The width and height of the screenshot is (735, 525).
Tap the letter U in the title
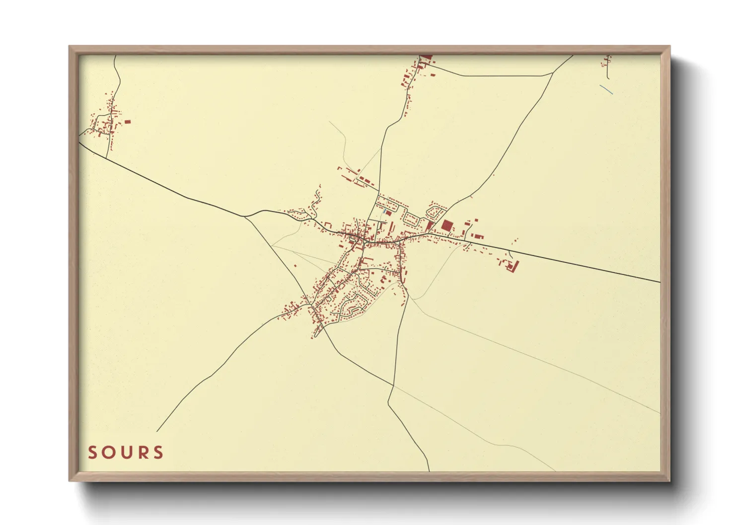[x=125, y=453]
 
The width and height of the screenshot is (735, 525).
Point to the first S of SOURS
[x=92, y=453]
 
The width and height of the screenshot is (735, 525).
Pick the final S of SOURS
[x=158, y=453]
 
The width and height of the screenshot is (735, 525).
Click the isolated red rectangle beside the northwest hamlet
[x=127, y=122]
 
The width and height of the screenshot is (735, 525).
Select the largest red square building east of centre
[x=446, y=225]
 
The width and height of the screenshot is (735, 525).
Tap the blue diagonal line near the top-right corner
[x=606, y=90]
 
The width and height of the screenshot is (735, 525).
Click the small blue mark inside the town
[x=384, y=212]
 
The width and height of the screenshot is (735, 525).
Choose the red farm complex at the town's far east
[x=511, y=266]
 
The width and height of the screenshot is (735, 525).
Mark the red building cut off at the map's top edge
[x=426, y=58]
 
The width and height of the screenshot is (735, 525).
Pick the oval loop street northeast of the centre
[x=436, y=212]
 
